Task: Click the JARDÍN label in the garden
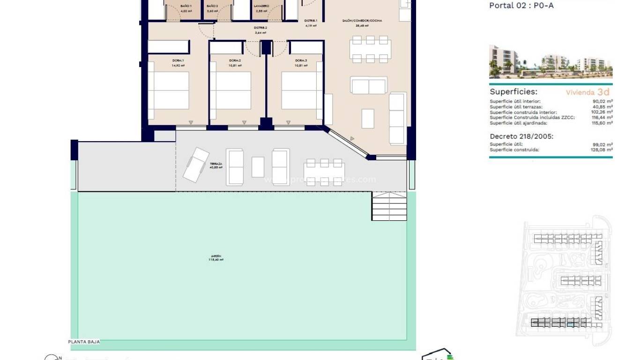[216, 257]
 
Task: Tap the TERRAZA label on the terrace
[216, 165]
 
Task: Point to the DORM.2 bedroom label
[235, 60]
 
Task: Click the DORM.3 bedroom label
[301, 60]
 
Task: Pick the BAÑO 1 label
[186, 6]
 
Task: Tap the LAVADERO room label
[261, 6]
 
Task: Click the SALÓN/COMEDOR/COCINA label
[362, 21]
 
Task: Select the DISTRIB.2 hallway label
[260, 28]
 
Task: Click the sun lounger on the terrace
[196, 164]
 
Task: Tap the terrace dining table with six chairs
[324, 172]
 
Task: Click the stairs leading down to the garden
[389, 206]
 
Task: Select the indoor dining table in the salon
[370, 49]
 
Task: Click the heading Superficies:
[513, 92]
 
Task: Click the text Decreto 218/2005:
[521, 136]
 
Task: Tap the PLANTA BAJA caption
[84, 342]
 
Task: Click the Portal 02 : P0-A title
[521, 6]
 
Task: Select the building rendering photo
[551, 61]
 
